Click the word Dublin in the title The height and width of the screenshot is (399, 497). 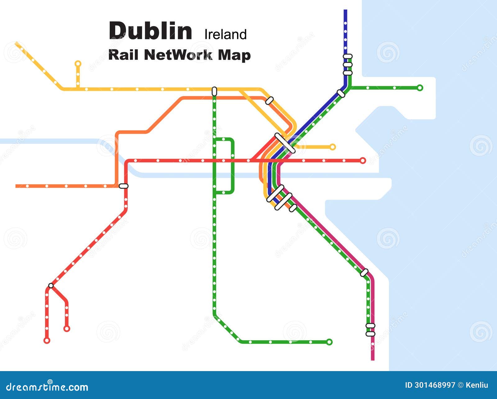tap(150, 31)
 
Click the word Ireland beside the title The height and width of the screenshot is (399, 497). tap(226, 34)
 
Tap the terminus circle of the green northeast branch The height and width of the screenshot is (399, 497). tap(420, 88)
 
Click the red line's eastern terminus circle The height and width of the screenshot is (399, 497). tap(362, 160)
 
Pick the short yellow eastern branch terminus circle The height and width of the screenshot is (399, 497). tap(332, 147)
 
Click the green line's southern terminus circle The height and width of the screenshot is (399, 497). tap(329, 342)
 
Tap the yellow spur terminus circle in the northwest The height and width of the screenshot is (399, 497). tap(78, 64)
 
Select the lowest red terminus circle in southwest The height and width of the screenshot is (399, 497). tap(47, 340)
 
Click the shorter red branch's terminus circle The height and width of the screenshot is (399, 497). tap(66, 329)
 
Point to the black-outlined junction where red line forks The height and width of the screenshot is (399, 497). tap(51, 285)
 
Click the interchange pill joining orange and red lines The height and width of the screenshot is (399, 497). tap(124, 186)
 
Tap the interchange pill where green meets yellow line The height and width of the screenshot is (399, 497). tap(214, 91)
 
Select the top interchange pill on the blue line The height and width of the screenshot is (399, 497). tap(348, 56)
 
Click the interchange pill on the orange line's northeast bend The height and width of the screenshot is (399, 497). tap(269, 101)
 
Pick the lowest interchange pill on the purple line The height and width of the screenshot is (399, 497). tap(370, 334)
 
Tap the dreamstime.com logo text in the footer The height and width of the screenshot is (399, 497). tap(47, 387)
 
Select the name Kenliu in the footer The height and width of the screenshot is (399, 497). tap(477, 385)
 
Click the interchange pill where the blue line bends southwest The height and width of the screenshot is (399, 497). tap(341, 93)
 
